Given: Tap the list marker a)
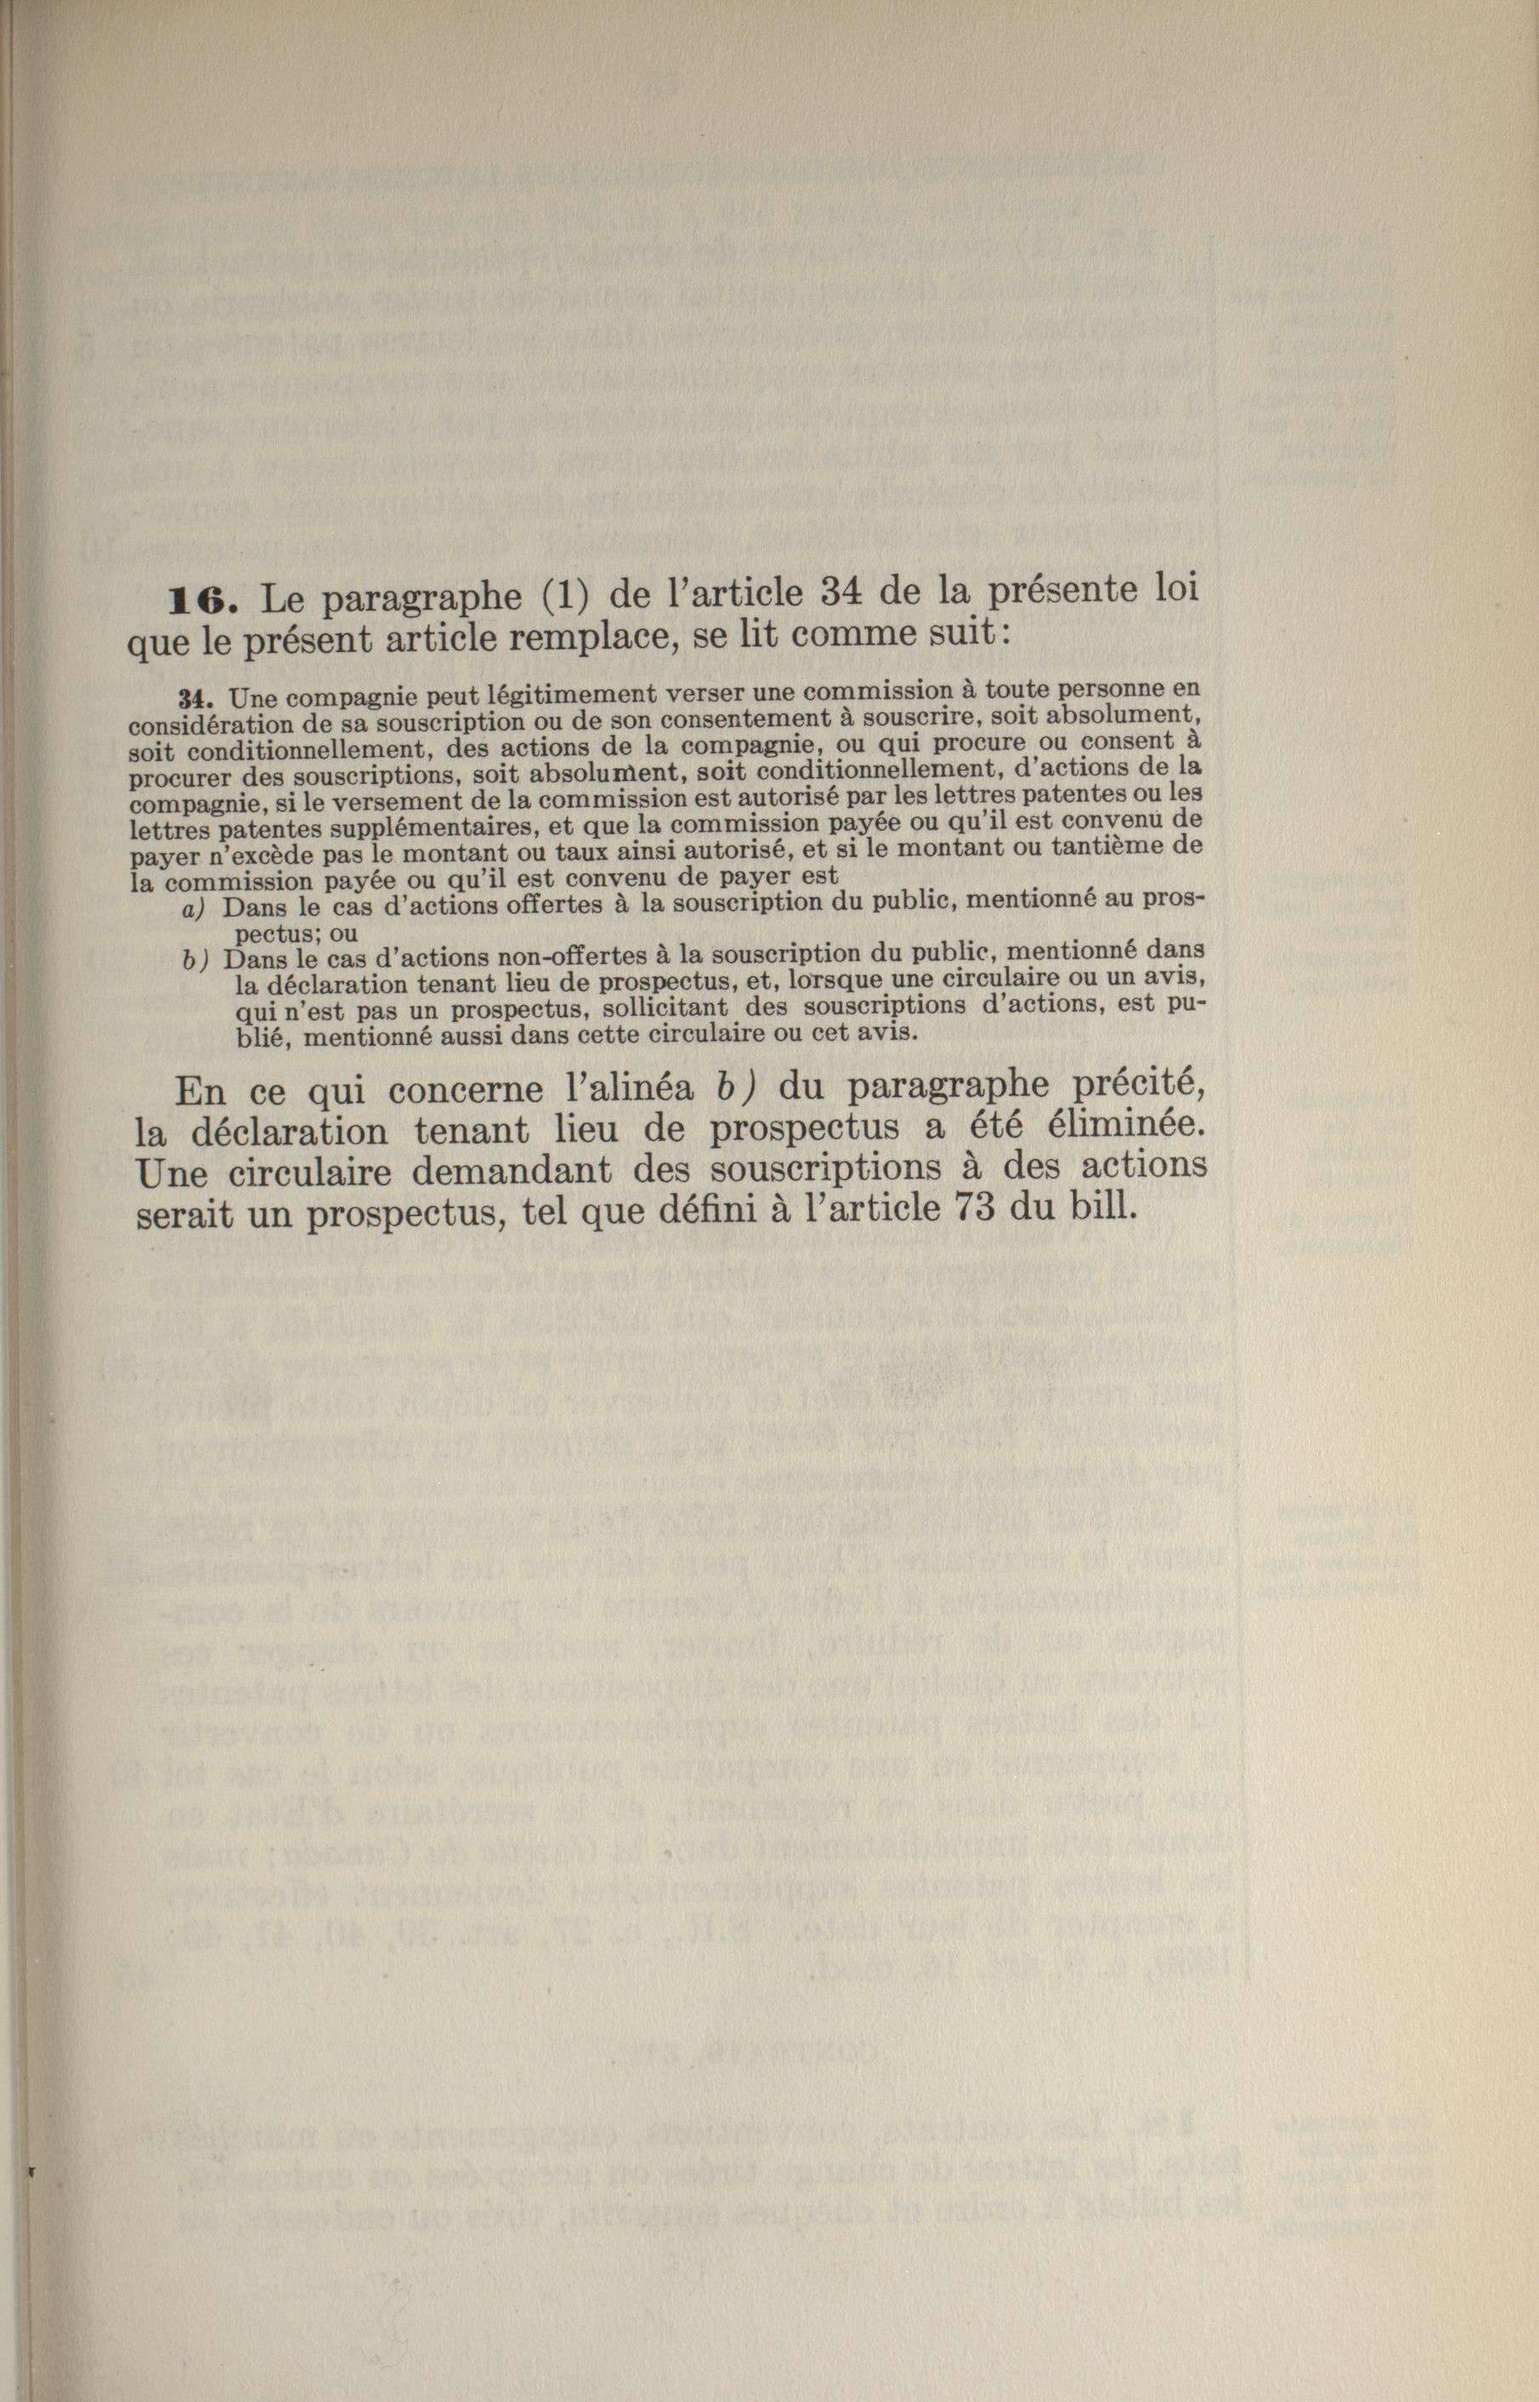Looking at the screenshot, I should coord(194,910).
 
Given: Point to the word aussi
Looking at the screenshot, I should coord(458,1036).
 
